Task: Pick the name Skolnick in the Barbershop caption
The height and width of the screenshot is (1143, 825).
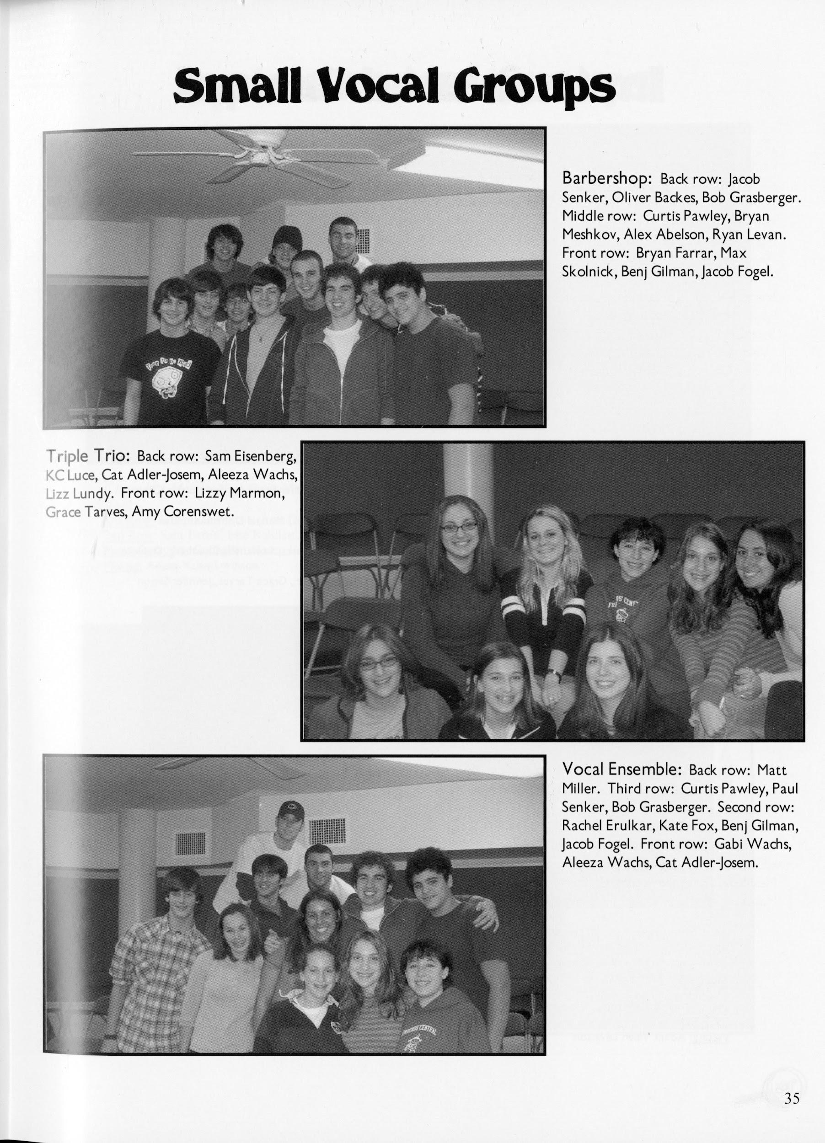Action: click(x=584, y=271)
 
